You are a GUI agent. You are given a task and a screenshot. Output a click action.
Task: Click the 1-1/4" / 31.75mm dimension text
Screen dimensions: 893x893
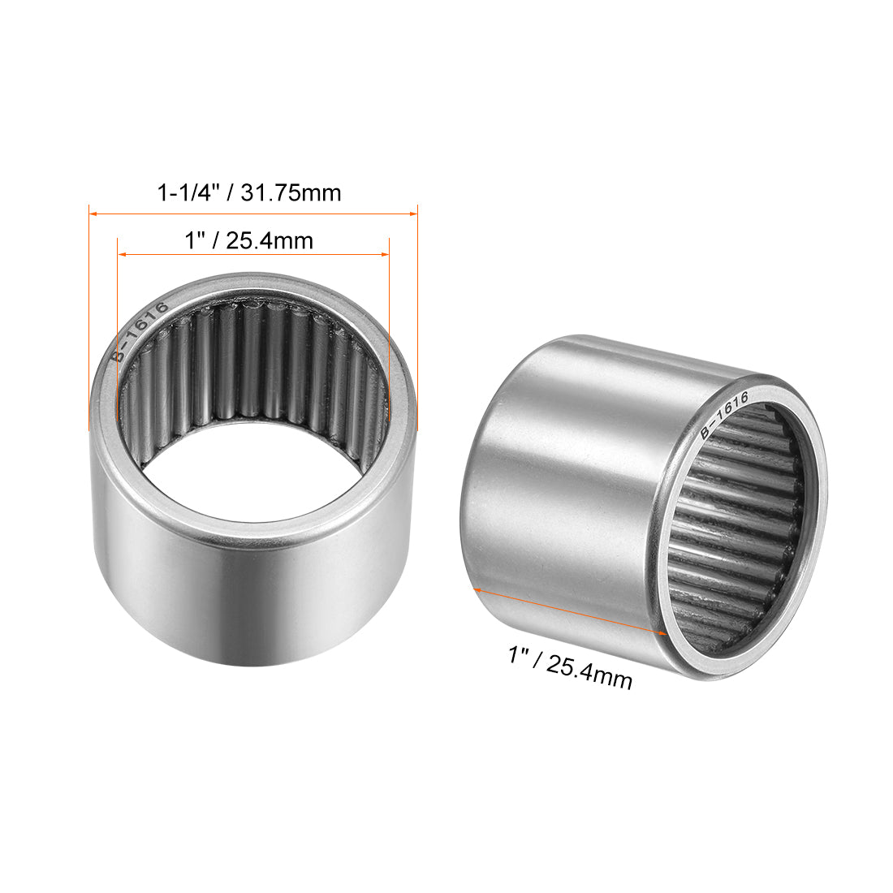(248, 193)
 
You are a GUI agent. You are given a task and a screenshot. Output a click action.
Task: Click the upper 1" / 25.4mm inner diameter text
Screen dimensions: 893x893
(248, 240)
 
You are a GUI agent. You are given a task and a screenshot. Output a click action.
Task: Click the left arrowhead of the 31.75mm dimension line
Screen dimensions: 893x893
(92, 214)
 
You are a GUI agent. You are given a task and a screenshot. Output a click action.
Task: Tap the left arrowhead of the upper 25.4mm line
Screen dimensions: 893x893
(122, 255)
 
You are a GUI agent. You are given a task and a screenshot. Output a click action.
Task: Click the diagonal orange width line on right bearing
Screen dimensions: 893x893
(568, 610)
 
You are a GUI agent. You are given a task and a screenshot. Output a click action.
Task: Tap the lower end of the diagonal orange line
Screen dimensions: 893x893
(666, 632)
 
